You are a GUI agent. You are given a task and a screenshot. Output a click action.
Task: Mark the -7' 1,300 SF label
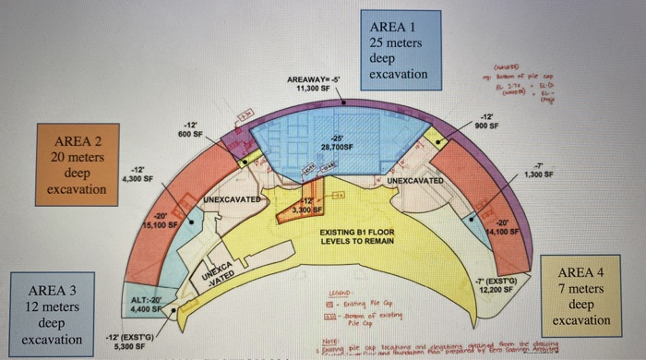click(539, 169)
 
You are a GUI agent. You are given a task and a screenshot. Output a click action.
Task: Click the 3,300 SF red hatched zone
click(298, 209)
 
